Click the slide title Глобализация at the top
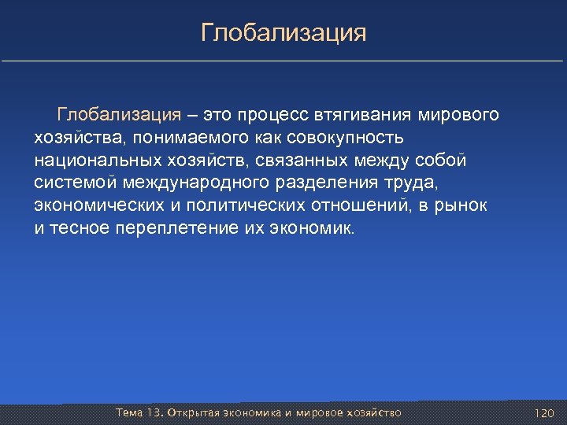tap(283, 33)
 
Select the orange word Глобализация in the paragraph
tap(119, 115)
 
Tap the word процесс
tap(276, 115)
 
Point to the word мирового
tap(458, 115)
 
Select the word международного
tap(206, 183)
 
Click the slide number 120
tap(544, 413)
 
